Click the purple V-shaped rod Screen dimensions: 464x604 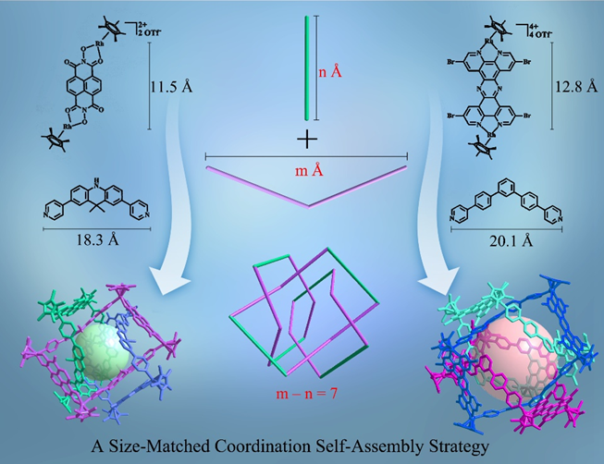(x=306, y=186)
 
